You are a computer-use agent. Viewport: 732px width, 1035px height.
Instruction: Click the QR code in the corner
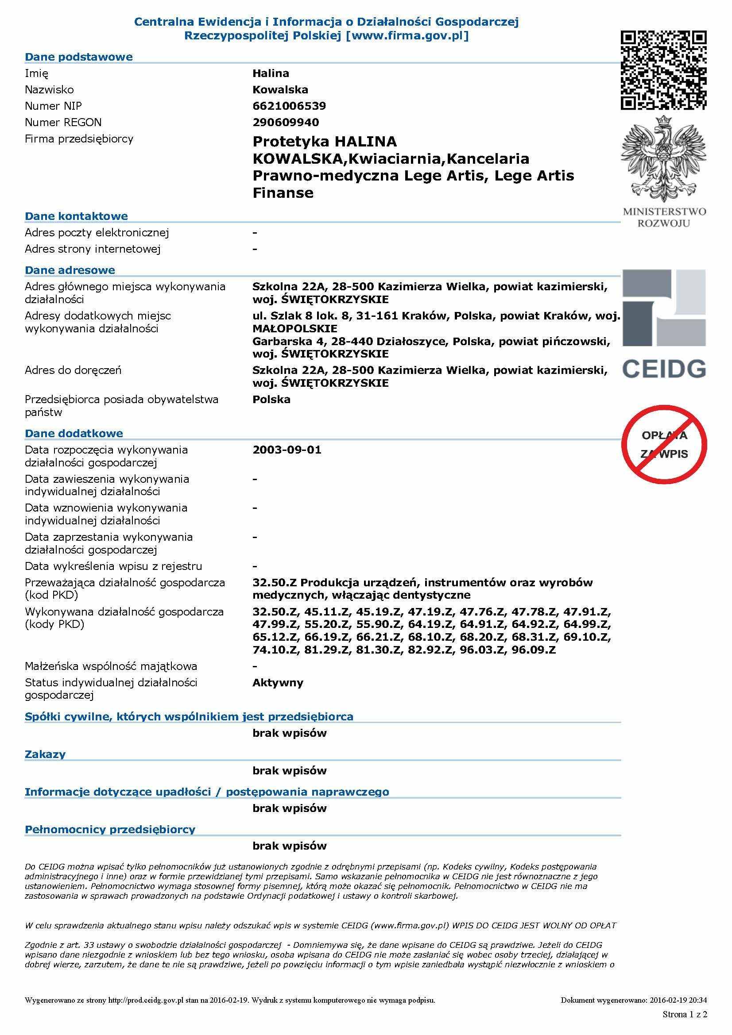click(x=663, y=70)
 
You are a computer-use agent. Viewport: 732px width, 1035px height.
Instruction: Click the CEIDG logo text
click(x=664, y=368)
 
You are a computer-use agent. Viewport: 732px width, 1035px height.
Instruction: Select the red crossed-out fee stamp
click(x=664, y=444)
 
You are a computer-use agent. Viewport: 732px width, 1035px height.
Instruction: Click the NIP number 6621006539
click(x=289, y=106)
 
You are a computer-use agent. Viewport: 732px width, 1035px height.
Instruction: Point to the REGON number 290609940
click(x=286, y=122)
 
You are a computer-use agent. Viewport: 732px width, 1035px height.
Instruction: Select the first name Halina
click(x=271, y=73)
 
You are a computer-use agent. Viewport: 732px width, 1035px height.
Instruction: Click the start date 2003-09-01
click(x=287, y=450)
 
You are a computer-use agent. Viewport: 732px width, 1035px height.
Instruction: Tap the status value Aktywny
click(x=278, y=682)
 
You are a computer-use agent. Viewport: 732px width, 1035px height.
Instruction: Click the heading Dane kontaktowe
click(x=76, y=216)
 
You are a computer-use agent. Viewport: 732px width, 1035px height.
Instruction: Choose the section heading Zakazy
click(x=45, y=754)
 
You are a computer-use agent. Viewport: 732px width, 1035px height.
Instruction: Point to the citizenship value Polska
click(x=271, y=400)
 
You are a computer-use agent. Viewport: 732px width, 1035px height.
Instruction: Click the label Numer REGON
click(x=63, y=122)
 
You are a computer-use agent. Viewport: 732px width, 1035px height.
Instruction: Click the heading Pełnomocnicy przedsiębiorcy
click(x=110, y=829)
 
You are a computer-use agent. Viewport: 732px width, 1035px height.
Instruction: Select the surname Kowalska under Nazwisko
click(x=280, y=90)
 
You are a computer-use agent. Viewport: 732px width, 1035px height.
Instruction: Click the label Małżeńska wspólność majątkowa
click(x=111, y=666)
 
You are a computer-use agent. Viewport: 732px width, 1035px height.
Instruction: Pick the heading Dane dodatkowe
click(x=74, y=433)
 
